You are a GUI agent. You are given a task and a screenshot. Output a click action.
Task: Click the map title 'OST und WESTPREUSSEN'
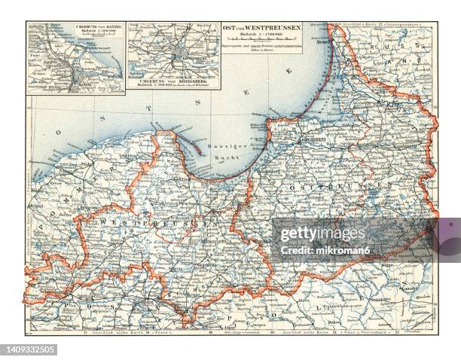tap(261, 28)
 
